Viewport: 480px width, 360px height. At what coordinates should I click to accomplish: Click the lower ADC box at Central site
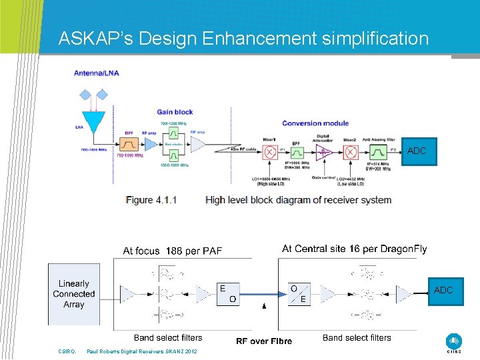[x=443, y=291]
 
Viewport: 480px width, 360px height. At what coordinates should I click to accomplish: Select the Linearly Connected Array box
[x=74, y=294]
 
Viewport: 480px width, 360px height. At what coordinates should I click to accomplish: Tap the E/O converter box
[x=228, y=293]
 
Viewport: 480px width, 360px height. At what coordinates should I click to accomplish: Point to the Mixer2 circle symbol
[x=350, y=152]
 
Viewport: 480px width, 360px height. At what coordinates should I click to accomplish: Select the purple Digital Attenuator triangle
[x=323, y=152]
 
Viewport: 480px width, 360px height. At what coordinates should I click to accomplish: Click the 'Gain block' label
[x=175, y=112]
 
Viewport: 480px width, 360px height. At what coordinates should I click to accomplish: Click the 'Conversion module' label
[x=315, y=123]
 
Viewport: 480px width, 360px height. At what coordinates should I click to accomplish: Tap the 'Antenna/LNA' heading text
[x=97, y=73]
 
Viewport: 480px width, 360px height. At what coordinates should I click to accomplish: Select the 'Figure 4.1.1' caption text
[x=151, y=199]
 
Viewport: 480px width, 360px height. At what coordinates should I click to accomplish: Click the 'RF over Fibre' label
[x=264, y=341]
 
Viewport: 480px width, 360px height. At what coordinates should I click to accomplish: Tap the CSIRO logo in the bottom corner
[x=455, y=342]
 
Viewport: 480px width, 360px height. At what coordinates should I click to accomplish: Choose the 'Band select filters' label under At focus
[x=168, y=338]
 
